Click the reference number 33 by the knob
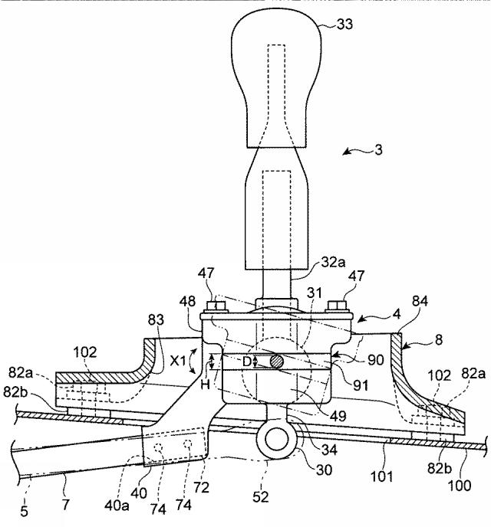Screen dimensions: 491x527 coord(344,25)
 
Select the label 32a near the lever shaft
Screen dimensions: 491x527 coord(333,262)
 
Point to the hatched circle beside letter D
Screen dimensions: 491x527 coord(277,362)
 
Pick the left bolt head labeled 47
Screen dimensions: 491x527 coord(216,306)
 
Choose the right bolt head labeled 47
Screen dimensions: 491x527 coord(338,305)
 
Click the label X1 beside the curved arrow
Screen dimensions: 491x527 coord(178,362)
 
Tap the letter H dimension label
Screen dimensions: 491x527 coord(205,385)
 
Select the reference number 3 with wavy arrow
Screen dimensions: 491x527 coord(378,149)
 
